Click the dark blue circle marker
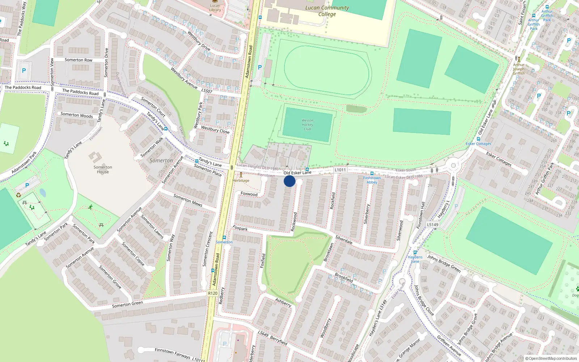tap(289, 181)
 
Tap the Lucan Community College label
tap(327, 11)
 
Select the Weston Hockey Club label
tap(307, 125)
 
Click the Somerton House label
tap(103, 169)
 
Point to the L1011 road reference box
tap(340, 170)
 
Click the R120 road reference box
tap(213, 293)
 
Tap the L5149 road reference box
tap(432, 224)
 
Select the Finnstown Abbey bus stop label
tap(372, 180)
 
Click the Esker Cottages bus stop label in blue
tap(478, 144)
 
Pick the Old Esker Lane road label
tap(297, 173)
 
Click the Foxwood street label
tap(249, 194)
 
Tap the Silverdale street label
tap(344, 240)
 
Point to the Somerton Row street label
tap(79, 60)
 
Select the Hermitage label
tap(241, 180)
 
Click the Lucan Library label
tap(215, 8)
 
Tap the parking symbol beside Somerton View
tap(24, 71)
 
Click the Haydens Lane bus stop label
tap(415, 259)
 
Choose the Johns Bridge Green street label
tap(444, 264)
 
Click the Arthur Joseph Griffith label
tap(519, 69)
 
